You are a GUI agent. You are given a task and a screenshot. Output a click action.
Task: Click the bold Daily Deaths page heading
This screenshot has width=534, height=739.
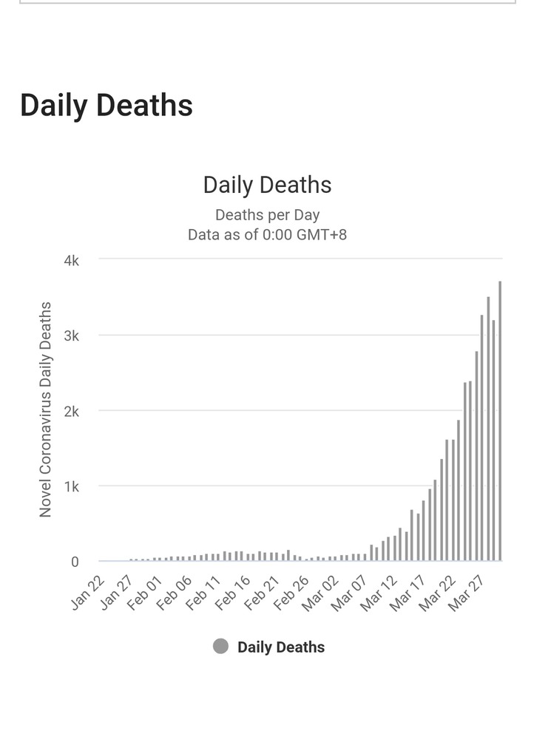click(107, 106)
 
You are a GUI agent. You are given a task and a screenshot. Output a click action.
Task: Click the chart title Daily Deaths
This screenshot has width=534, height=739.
click(267, 185)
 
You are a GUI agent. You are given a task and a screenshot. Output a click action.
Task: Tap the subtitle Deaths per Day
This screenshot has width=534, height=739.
click(267, 215)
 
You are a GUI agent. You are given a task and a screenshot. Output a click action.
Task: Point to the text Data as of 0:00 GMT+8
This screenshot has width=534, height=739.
click(267, 234)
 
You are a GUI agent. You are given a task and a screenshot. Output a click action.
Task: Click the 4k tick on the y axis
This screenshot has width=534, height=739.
click(70, 260)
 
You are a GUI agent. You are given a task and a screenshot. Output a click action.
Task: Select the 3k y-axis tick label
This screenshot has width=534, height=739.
click(70, 336)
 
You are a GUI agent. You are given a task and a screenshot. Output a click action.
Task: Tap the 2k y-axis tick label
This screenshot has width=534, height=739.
click(70, 411)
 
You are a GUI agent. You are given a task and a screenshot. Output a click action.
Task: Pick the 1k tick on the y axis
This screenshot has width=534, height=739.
click(70, 486)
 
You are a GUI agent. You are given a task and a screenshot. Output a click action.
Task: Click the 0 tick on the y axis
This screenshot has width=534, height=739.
click(75, 562)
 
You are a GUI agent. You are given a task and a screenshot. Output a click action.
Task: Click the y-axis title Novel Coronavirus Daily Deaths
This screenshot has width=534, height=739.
click(46, 409)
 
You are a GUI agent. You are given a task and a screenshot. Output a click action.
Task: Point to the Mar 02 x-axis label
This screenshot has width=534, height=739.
click(320, 593)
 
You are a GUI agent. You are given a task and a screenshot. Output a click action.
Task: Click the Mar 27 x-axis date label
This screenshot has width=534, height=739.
click(464, 593)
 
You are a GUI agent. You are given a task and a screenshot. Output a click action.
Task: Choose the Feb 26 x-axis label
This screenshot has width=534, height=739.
click(291, 593)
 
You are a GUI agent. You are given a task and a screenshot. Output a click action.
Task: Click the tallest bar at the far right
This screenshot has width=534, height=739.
click(500, 421)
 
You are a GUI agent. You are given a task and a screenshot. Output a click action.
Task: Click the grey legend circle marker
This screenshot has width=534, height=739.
click(220, 647)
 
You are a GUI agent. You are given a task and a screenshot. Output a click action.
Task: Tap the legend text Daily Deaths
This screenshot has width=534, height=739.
click(281, 647)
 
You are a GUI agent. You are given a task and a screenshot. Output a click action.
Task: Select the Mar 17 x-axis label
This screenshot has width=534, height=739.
click(406, 593)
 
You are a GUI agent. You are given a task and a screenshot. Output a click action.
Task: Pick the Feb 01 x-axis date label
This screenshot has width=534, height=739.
click(146, 593)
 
